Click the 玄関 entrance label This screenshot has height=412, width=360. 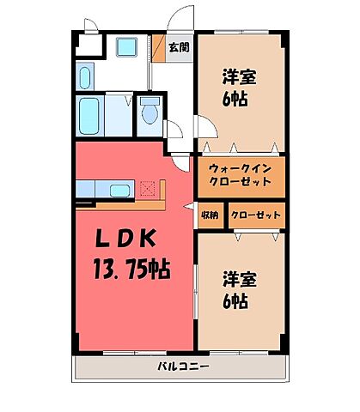[x=179, y=48]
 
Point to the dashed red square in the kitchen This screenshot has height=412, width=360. [x=147, y=187]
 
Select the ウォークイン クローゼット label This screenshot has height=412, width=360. [x=240, y=175]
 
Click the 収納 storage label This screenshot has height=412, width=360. [x=211, y=215]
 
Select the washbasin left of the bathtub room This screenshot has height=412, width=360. [x=84, y=76]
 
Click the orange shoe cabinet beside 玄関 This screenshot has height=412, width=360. [x=157, y=48]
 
